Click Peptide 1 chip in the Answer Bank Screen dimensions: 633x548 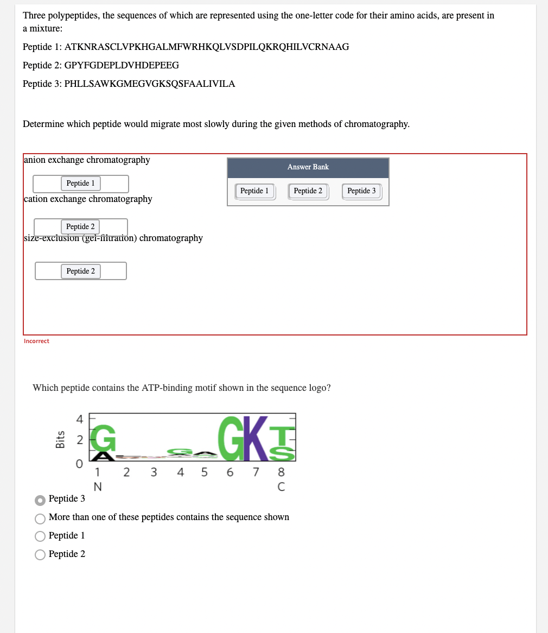254,191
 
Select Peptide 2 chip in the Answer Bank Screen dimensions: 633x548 308,191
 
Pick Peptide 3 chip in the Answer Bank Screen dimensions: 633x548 361,191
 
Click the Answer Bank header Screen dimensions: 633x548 308,167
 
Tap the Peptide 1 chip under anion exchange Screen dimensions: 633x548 80,183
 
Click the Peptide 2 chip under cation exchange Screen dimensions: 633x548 80,226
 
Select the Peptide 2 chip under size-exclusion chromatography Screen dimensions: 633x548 80,271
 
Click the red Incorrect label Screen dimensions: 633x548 36,341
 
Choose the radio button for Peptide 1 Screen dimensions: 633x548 40,536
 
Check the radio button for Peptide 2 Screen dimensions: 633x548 40,554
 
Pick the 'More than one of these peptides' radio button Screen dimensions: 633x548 40,517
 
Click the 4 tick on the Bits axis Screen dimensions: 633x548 79,419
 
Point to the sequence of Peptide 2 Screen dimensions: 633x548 122,65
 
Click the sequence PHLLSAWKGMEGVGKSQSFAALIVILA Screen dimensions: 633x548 150,84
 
